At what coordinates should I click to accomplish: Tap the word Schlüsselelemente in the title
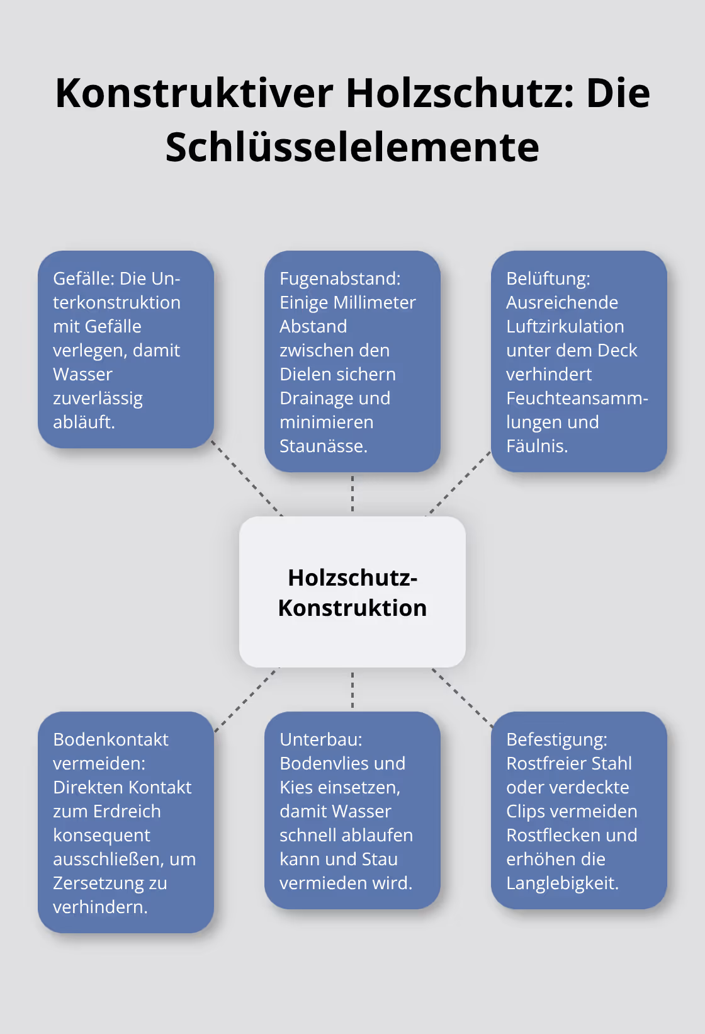click(x=352, y=147)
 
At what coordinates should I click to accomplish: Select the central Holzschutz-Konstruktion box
click(x=352, y=592)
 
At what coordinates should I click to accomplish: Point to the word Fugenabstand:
click(x=340, y=279)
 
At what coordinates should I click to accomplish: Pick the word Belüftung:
click(x=548, y=279)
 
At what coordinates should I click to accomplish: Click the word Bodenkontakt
click(x=111, y=739)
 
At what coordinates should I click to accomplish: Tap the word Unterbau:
click(x=321, y=739)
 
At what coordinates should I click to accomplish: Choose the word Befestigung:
click(x=556, y=739)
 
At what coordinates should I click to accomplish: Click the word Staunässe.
click(x=323, y=446)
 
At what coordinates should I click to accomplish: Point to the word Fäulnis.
click(x=536, y=446)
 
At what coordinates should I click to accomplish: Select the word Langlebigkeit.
click(x=562, y=883)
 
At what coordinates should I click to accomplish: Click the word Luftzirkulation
click(x=565, y=327)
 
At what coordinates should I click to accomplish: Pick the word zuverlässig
click(x=98, y=399)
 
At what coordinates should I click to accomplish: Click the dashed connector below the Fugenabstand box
click(x=352, y=494)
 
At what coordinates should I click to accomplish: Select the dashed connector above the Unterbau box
click(x=352, y=690)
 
